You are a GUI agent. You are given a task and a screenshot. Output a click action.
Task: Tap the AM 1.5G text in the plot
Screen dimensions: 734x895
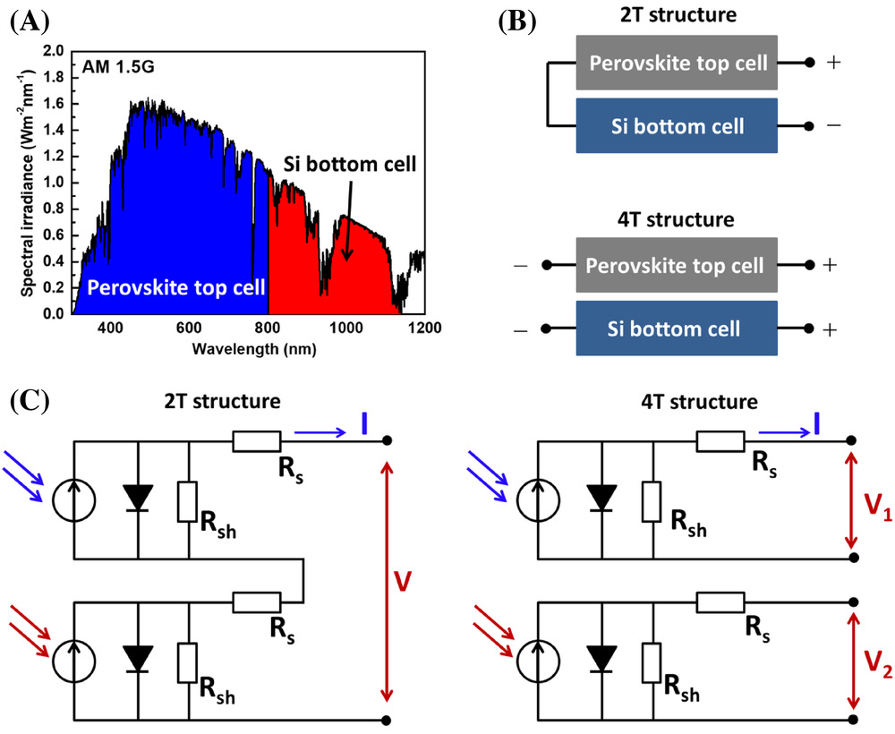pos(116,67)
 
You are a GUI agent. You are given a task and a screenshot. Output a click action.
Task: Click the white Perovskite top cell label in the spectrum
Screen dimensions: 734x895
pos(175,287)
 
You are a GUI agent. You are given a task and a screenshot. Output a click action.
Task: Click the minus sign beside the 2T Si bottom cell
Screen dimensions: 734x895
pos(833,126)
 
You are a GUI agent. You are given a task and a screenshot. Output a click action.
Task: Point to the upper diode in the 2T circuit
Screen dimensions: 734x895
pos(138,498)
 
